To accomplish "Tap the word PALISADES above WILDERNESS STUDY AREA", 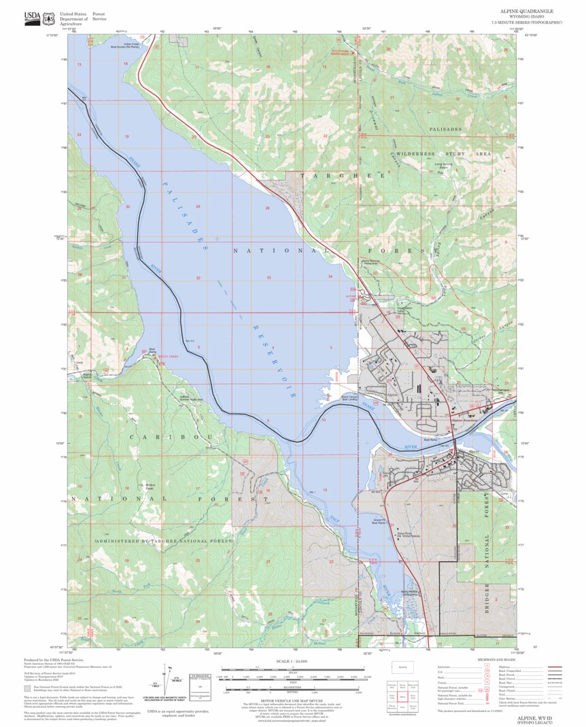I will (445, 129).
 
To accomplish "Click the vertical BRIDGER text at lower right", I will (487, 599).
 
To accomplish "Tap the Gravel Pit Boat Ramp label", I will (378, 521).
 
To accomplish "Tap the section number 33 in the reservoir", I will (269, 277).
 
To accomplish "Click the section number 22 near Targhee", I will (326, 137).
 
